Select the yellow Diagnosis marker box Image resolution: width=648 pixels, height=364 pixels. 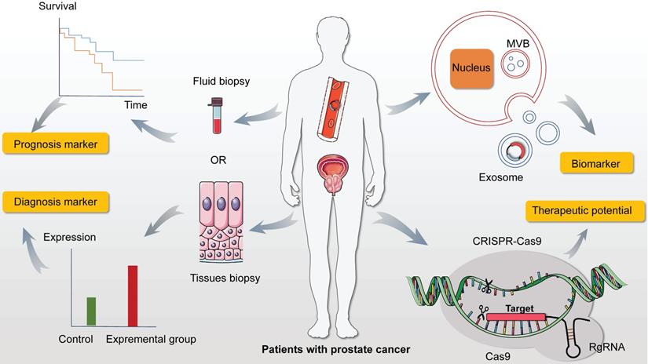pyautogui.click(x=55, y=202)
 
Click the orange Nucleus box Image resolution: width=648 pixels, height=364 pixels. pyautogui.click(x=470, y=67)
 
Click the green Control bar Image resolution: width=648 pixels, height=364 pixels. pyautogui.click(x=90, y=311)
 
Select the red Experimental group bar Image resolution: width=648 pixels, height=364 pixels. pyautogui.click(x=133, y=295)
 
